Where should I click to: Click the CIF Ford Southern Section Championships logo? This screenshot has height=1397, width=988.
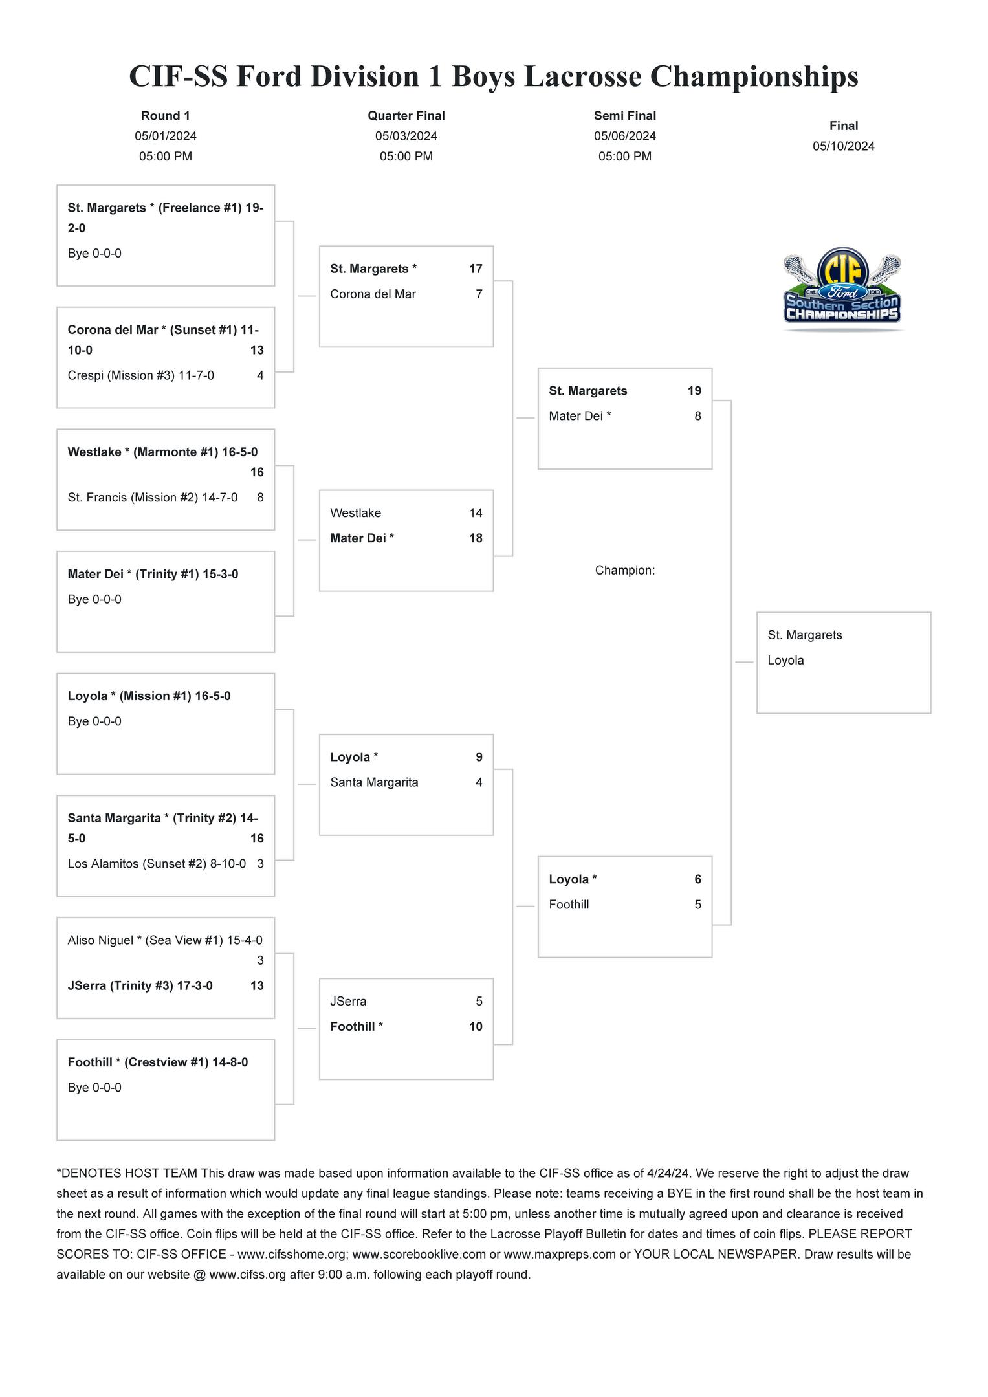click(x=842, y=289)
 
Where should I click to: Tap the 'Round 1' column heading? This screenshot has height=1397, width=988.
click(x=166, y=116)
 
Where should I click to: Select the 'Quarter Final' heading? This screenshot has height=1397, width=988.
click(x=406, y=116)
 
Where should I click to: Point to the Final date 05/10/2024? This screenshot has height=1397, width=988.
click(x=844, y=146)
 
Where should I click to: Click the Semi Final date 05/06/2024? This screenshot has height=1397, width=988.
click(x=625, y=136)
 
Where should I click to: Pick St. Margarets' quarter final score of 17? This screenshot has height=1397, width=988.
click(x=476, y=269)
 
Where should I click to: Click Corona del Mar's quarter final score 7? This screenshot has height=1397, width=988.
click(x=479, y=294)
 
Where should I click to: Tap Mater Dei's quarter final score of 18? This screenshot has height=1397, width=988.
click(x=476, y=538)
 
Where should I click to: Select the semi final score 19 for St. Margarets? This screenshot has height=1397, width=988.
click(x=694, y=391)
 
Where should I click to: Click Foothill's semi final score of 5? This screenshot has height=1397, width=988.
click(x=697, y=904)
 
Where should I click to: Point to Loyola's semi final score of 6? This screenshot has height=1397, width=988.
click(x=697, y=879)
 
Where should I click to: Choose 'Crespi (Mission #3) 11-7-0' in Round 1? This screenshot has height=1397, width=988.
click(x=141, y=375)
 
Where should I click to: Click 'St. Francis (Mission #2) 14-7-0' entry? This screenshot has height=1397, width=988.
click(x=153, y=497)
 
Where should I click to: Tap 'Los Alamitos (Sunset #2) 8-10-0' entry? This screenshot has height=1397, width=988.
click(x=157, y=863)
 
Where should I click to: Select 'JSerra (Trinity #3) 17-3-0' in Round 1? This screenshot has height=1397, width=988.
click(x=140, y=985)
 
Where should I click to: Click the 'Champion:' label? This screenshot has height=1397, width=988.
click(x=625, y=570)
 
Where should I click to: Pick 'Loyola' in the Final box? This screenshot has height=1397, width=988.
click(x=785, y=660)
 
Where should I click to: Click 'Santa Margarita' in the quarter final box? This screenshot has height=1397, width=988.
click(x=374, y=782)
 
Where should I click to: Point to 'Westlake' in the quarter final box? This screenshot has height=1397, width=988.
click(x=355, y=512)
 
